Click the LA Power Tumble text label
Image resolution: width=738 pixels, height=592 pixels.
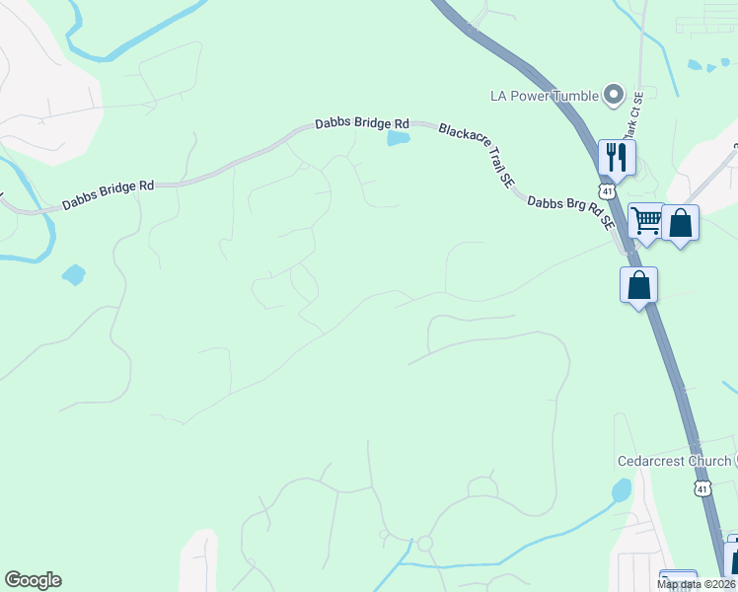coord(545,96)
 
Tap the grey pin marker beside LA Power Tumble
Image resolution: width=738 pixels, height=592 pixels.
coord(614,95)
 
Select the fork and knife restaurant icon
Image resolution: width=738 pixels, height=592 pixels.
coord(617,156)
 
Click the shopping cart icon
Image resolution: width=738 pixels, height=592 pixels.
coord(646,221)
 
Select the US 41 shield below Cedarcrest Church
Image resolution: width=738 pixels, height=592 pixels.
coord(701,487)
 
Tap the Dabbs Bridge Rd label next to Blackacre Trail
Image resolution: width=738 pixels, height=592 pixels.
coord(361,123)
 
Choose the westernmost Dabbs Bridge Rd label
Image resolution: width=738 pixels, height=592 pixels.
coord(109,193)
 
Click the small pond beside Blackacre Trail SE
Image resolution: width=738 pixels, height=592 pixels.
coord(398,139)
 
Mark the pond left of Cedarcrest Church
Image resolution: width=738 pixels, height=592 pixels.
coord(621,489)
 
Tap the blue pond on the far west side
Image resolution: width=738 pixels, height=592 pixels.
coord(73,274)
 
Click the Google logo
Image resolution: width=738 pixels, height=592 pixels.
coord(33,580)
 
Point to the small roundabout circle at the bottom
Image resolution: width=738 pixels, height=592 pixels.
coord(425,544)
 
